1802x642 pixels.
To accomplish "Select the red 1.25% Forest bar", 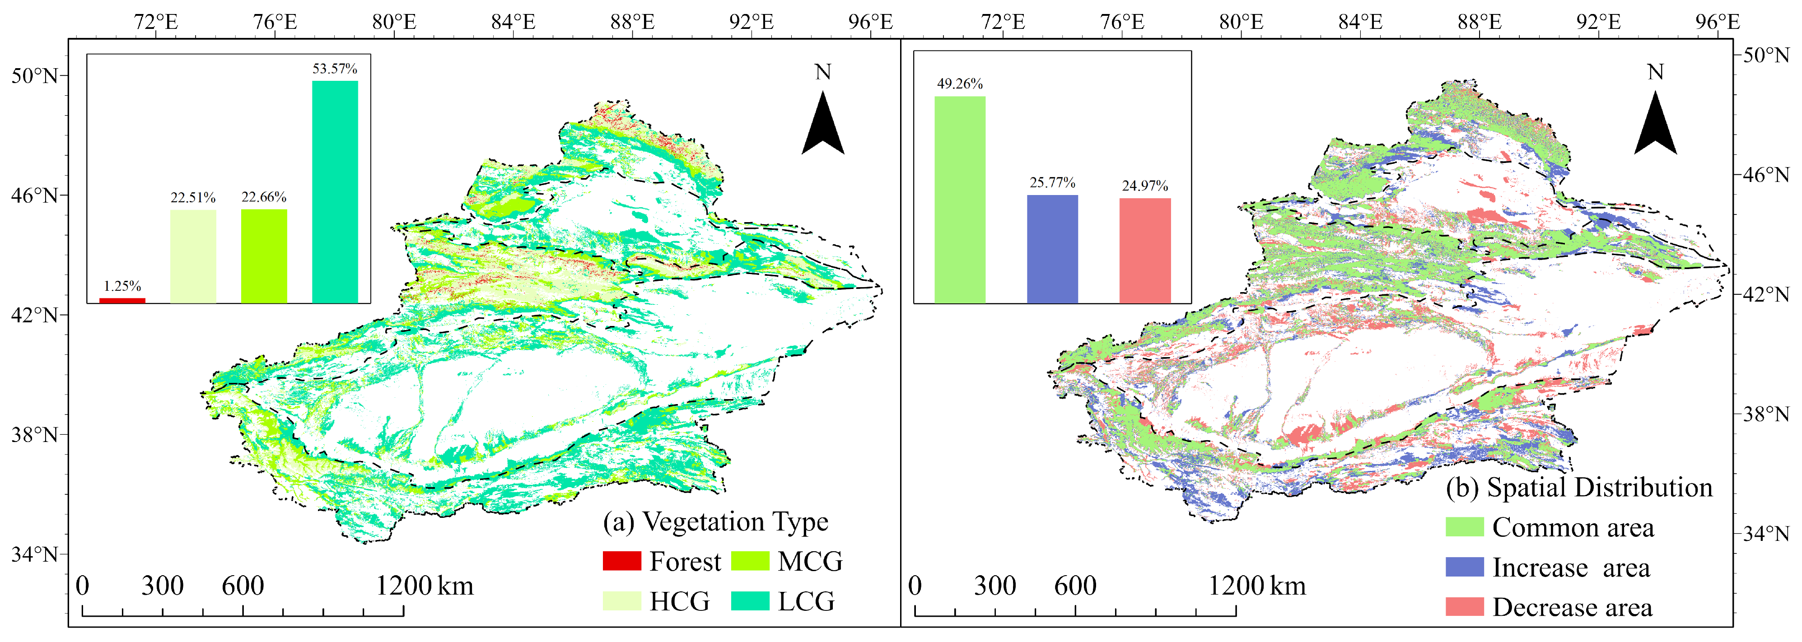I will click(x=122, y=300).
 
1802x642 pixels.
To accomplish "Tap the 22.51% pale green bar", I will click(x=193, y=256).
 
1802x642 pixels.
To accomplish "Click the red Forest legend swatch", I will click(x=621, y=561).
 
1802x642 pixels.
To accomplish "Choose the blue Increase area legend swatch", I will click(x=1464, y=567).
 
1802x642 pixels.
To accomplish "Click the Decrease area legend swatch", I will click(x=1464, y=606).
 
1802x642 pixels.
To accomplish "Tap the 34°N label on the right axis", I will click(x=1765, y=534).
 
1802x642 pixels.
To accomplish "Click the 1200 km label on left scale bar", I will click(x=425, y=586).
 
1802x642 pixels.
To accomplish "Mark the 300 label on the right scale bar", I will click(x=995, y=586).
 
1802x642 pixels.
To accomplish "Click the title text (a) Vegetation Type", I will click(x=715, y=522).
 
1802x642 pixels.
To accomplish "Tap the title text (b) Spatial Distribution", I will click(x=1579, y=488).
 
